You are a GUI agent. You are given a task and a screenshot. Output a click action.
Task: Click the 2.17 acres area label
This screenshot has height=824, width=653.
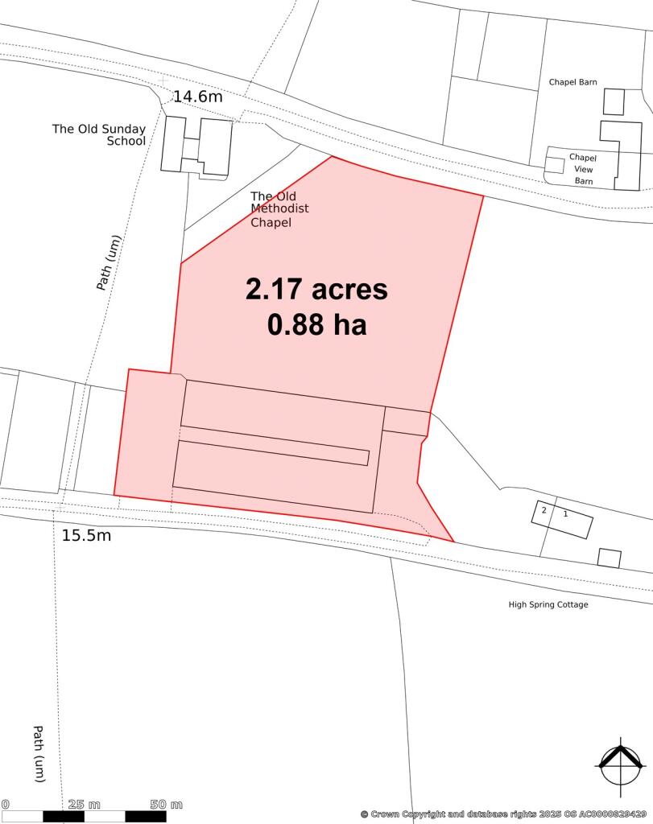pyautogui.click(x=316, y=290)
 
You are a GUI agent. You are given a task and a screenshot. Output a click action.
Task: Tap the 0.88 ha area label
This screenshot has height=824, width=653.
pyautogui.click(x=316, y=324)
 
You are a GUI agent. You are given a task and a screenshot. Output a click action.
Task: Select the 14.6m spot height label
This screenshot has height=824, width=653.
pyautogui.click(x=198, y=97)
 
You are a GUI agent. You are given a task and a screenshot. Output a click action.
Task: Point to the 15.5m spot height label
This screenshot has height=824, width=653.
pyautogui.click(x=86, y=535)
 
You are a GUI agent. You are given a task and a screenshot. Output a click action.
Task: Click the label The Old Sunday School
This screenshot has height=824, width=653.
pyautogui.click(x=99, y=134)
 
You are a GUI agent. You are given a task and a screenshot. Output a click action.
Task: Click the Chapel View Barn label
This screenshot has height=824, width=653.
pyautogui.click(x=582, y=169)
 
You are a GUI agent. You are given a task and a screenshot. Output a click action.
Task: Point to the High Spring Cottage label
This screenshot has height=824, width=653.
pyautogui.click(x=548, y=604)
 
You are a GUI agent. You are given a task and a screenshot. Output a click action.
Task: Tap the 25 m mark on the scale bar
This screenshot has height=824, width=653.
pyautogui.click(x=85, y=804)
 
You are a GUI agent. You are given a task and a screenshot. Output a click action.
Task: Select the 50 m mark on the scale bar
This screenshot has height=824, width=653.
pyautogui.click(x=166, y=804)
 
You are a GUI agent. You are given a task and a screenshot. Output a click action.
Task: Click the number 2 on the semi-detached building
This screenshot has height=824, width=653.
pyautogui.click(x=544, y=511)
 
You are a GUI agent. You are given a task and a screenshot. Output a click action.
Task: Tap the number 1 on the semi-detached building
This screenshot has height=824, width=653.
pyautogui.click(x=565, y=513)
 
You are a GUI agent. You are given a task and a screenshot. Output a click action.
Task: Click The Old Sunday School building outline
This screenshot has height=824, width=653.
pyautogui.click(x=197, y=145)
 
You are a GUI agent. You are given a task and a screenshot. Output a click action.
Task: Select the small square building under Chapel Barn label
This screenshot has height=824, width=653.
pyautogui.click(x=614, y=101)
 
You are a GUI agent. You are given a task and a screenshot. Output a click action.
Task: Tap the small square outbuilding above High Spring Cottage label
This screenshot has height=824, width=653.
pyautogui.click(x=610, y=558)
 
